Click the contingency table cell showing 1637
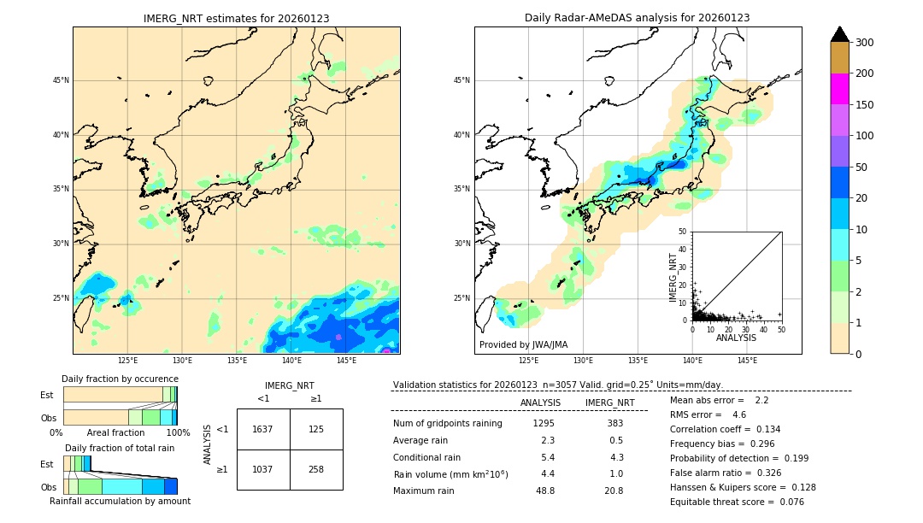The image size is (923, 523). pyautogui.click(x=262, y=429)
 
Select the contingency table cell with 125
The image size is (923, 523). pyautogui.click(x=316, y=429)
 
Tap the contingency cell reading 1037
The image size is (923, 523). pyautogui.click(x=262, y=469)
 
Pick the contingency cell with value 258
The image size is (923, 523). pyautogui.click(x=316, y=469)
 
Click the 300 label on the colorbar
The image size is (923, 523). pyautogui.click(x=864, y=43)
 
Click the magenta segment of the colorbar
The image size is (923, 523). pyautogui.click(x=840, y=89)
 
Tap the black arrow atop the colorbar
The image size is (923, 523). pyautogui.click(x=840, y=34)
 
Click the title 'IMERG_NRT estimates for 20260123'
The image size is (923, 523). pyautogui.click(x=236, y=18)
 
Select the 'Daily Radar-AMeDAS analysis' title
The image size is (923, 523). pyautogui.click(x=638, y=18)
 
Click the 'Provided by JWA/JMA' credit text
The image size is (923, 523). pyautogui.click(x=523, y=344)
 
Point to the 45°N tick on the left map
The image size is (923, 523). pyautogui.click(x=61, y=80)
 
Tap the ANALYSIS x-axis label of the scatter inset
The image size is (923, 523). pyautogui.click(x=736, y=338)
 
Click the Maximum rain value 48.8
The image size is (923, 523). pyautogui.click(x=544, y=491)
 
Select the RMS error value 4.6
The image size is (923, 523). pyautogui.click(x=739, y=414)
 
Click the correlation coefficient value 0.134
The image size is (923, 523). pyautogui.click(x=762, y=429)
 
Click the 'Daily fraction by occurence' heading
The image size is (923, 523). pyautogui.click(x=120, y=379)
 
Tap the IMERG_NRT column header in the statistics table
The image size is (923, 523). pyautogui.click(x=609, y=403)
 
